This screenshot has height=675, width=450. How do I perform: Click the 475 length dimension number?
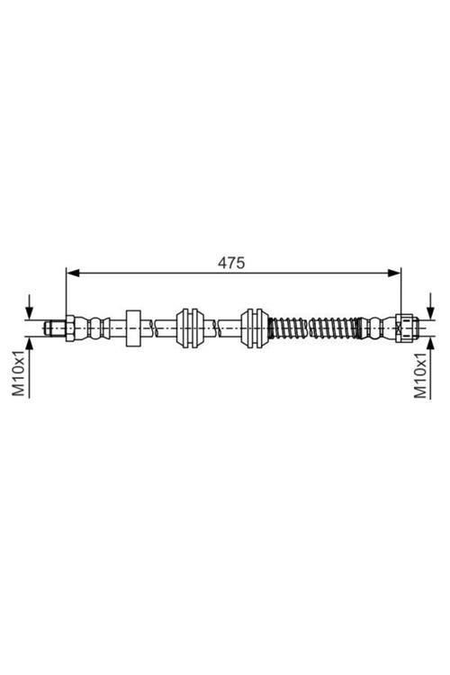tap(231, 263)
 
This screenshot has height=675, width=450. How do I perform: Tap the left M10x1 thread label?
tap(18, 373)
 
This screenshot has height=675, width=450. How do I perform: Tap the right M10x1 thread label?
tap(419, 374)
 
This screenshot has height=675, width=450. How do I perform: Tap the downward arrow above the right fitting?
tap(431, 306)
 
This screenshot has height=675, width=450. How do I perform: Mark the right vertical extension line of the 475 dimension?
tap(400, 292)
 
